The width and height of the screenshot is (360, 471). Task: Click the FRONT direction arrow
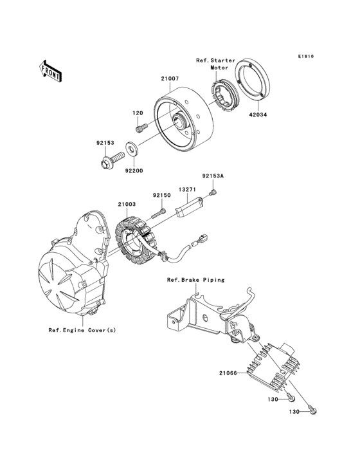pyautogui.click(x=50, y=71)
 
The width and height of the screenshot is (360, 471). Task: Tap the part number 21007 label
pyautogui.click(x=170, y=78)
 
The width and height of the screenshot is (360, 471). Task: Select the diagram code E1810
pyautogui.click(x=306, y=56)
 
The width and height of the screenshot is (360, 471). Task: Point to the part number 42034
pyautogui.click(x=257, y=115)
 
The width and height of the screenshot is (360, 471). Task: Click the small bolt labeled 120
pyautogui.click(x=141, y=127)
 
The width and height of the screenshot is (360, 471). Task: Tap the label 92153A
pyautogui.click(x=213, y=176)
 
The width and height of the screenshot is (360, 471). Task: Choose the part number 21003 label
pyautogui.click(x=127, y=204)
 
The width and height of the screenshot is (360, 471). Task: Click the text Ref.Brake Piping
pyautogui.click(x=195, y=280)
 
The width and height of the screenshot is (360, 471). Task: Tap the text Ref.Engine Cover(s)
pyautogui.click(x=82, y=330)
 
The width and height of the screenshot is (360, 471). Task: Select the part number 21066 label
pyautogui.click(x=228, y=373)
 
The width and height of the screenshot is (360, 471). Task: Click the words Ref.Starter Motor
pyautogui.click(x=216, y=64)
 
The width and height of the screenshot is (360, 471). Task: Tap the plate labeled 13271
pyautogui.click(x=191, y=207)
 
